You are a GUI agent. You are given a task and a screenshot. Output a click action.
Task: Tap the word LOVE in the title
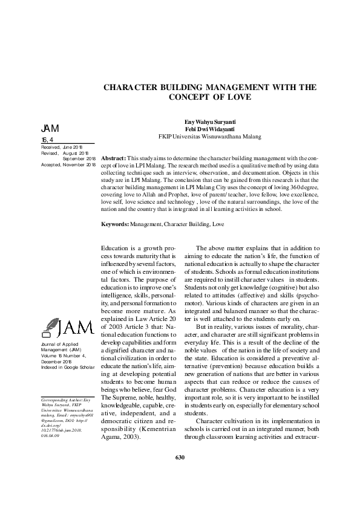pyautogui.click(x=239, y=97)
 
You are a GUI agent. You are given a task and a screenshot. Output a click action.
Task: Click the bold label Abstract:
pyautogui.click(x=114, y=157)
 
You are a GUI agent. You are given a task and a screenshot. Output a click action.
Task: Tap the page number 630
pyautogui.click(x=180, y=475)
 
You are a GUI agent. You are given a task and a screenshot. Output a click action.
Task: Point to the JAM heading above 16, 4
pyautogui.click(x=50, y=129)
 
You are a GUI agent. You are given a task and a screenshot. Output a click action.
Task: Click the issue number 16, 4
pyautogui.click(x=47, y=140)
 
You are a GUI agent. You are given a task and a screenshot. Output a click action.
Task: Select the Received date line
pyautogui.click(x=61, y=147)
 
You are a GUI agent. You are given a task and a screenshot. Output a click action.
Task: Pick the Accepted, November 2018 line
pyautogui.click(x=68, y=164)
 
